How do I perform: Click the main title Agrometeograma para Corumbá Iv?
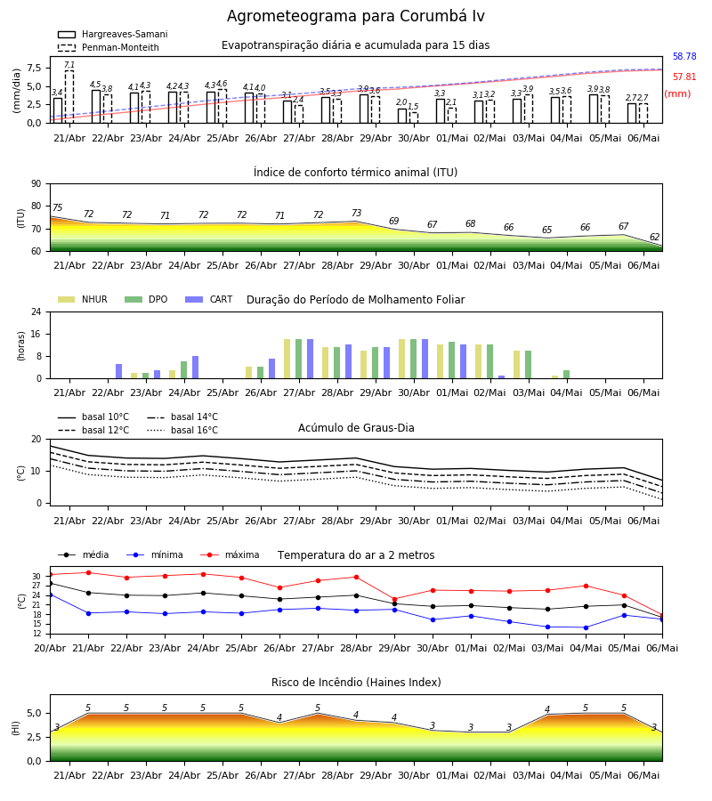coord(355,16)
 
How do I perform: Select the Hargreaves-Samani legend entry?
coord(113,34)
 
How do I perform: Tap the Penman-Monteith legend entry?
coord(109,47)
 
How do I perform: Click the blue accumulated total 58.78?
coord(684,56)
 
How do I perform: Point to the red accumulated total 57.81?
coord(684,77)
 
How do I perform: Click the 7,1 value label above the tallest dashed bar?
coord(69,65)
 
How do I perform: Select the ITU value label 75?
coord(57,207)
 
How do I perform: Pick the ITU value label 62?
coord(654,237)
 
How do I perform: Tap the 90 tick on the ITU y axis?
coord(36,184)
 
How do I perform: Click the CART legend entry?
coord(209,299)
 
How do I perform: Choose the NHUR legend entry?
coord(83,299)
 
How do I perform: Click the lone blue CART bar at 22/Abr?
coord(119,371)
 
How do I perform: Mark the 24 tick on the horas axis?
coord(36,311)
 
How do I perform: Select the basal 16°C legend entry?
coord(182,430)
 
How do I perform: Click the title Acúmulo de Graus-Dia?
coord(356,427)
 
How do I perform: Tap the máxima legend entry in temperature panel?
coord(231,554)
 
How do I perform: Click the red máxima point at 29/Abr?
coord(394,599)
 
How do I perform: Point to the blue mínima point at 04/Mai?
coord(586,627)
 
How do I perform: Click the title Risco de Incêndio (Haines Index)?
coord(356,683)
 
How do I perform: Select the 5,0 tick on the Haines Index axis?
coord(34,713)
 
